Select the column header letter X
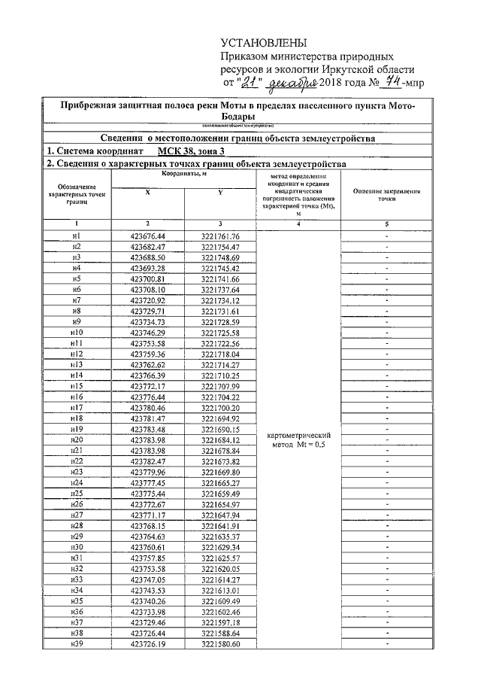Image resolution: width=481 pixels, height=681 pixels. [x=147, y=192]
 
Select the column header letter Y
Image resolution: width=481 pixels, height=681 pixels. [x=220, y=192]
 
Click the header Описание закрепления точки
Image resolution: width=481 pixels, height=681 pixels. [x=386, y=196]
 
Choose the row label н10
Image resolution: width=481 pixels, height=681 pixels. [x=76, y=333]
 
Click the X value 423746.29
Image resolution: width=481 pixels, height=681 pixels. [x=147, y=333]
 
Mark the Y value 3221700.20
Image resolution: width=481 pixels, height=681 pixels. [x=220, y=407]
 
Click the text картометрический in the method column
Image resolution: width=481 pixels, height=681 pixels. [x=299, y=435]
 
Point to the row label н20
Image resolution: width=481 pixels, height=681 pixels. [x=76, y=439]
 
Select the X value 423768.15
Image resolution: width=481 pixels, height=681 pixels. [x=147, y=525]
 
